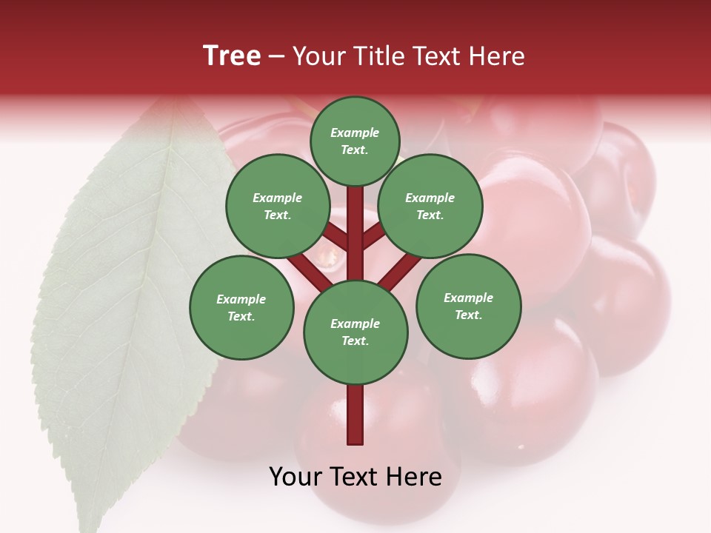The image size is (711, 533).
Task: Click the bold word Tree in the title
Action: (232, 56)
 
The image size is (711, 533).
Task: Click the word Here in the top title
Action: (495, 56)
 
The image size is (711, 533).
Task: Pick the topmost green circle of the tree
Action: (355, 141)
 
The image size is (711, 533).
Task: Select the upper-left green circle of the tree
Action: (278, 206)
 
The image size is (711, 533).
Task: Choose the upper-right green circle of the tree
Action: (430, 206)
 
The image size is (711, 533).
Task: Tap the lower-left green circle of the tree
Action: (241, 307)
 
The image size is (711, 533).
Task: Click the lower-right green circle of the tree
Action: (469, 306)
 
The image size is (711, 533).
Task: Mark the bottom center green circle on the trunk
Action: (355, 332)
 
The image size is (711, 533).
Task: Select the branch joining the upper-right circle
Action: (374, 237)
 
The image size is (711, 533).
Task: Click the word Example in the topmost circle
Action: (355, 133)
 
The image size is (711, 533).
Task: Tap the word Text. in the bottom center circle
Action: (355, 341)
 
